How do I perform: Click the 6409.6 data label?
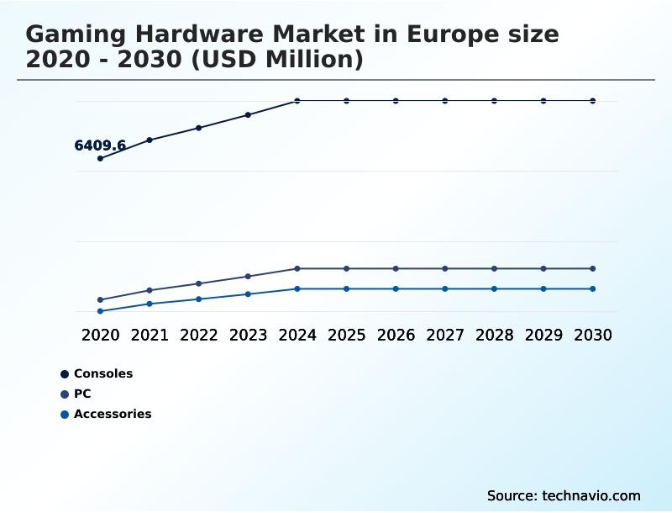point(100,145)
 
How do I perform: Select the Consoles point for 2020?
point(100,158)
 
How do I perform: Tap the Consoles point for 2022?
point(199,128)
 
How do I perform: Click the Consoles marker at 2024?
point(297,101)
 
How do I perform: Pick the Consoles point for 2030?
point(593,101)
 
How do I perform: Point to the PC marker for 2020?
point(100,300)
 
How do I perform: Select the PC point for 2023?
point(248,276)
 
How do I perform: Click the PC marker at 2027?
point(445,268)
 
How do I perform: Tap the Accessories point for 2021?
point(150,304)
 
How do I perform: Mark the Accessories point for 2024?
point(297,288)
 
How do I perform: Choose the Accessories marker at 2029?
point(543,288)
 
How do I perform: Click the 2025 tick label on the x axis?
point(346,335)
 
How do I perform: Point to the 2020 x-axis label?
point(100,335)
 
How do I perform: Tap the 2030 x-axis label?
point(593,335)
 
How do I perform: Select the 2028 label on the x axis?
point(494,335)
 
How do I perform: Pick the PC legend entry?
point(82,394)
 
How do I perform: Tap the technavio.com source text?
point(591,495)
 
